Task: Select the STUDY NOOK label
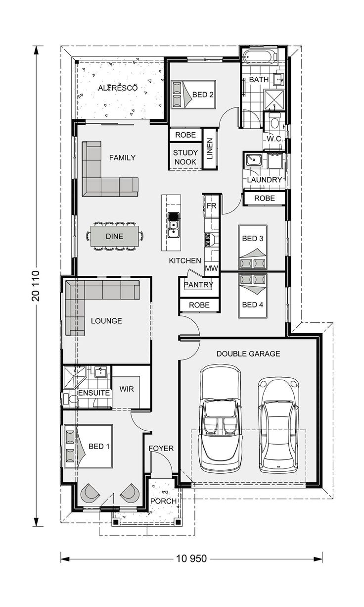point(185,157)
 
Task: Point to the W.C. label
point(274,139)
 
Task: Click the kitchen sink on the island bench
point(173,227)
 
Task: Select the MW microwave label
point(211,268)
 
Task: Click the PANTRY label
point(198,285)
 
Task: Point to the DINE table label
point(115,237)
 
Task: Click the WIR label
point(127,389)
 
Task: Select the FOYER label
point(161,449)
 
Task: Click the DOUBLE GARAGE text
point(248,354)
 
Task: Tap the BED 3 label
point(252,239)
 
